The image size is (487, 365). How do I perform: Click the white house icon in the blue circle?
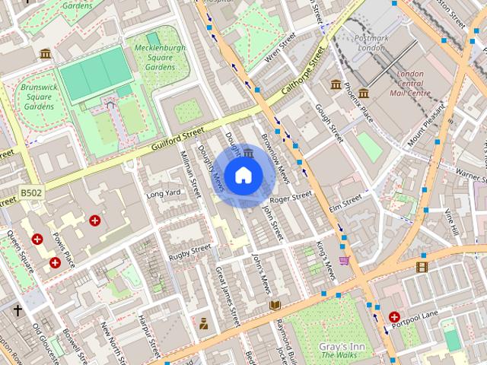[x=243, y=176]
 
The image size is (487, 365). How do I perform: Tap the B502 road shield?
[x=32, y=194]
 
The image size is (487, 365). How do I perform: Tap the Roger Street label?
[x=291, y=197]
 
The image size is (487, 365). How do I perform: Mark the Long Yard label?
[x=164, y=193]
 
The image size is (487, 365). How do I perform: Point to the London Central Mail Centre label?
[x=410, y=84]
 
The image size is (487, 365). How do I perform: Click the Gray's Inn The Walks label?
[x=339, y=350]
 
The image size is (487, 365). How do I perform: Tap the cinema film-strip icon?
[x=422, y=266]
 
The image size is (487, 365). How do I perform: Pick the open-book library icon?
[x=275, y=305]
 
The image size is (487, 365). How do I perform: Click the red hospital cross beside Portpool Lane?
[x=394, y=316]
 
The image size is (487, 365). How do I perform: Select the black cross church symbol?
[x=18, y=310]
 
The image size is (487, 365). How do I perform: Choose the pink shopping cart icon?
[x=344, y=260]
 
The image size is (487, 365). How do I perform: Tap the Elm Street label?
[x=345, y=202]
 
